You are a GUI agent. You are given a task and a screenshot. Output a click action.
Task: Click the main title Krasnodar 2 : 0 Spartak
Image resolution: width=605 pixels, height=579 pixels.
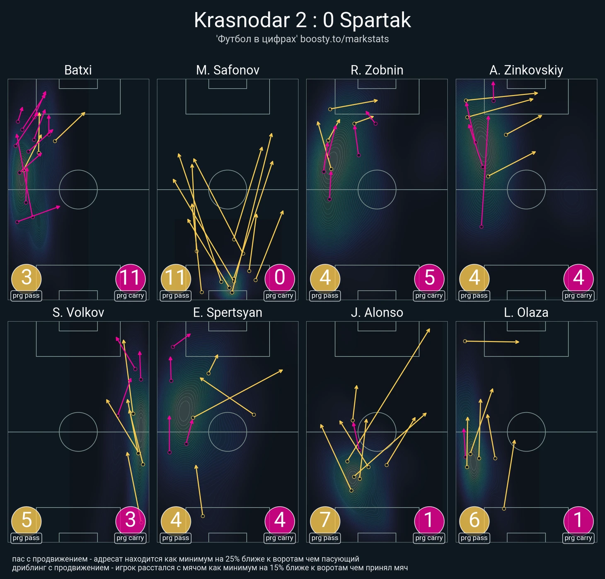(x=302, y=20)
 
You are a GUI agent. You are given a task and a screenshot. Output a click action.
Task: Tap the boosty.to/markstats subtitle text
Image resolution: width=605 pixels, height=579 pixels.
(x=302, y=39)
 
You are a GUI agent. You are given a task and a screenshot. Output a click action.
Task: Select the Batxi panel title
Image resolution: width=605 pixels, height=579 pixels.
(x=78, y=70)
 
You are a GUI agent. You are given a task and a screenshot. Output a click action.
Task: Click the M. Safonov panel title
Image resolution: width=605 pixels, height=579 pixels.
(x=227, y=70)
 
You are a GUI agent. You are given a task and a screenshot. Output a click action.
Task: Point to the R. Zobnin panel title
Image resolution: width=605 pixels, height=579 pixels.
(x=377, y=70)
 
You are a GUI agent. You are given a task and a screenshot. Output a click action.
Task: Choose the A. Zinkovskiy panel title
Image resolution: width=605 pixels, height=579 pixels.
(x=526, y=70)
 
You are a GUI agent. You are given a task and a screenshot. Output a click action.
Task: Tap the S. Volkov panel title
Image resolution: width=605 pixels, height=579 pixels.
(x=78, y=312)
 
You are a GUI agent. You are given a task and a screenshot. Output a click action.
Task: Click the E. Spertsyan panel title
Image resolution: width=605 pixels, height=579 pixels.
(x=227, y=312)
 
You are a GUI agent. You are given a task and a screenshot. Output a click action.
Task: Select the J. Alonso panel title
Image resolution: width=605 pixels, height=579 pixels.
(x=377, y=312)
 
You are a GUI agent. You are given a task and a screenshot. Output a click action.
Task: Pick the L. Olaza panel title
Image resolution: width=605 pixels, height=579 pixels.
(x=526, y=312)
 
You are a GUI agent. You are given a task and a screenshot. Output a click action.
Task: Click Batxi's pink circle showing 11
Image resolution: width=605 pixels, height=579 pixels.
(x=131, y=278)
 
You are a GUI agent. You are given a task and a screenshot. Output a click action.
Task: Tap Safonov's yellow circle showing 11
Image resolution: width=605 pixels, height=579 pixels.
(x=176, y=278)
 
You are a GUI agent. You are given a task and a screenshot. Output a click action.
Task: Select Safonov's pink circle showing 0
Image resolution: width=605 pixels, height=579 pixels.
(x=280, y=278)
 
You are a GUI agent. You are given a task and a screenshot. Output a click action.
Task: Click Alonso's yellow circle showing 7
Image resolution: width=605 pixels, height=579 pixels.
(x=325, y=520)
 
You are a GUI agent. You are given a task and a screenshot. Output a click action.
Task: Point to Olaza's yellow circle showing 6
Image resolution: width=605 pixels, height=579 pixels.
(x=474, y=520)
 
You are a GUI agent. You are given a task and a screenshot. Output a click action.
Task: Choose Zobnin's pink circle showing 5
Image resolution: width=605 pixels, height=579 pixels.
(x=429, y=278)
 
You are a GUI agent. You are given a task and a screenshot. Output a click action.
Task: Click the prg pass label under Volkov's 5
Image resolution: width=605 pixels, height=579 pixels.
(x=26, y=538)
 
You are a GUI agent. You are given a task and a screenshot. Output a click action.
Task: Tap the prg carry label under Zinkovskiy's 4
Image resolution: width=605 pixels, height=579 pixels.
(x=578, y=296)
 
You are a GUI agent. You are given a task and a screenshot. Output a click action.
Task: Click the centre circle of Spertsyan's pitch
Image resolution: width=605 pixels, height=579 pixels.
(x=227, y=432)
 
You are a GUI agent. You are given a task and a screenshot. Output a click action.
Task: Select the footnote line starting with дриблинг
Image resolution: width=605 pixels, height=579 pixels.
(x=210, y=568)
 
